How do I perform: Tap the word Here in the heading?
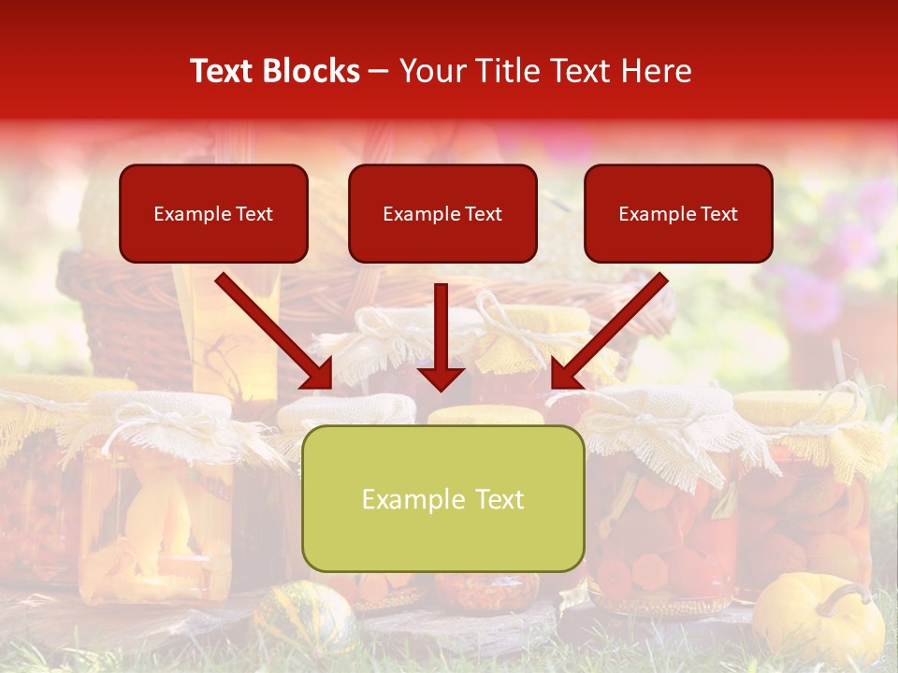click(655, 71)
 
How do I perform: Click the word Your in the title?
click(430, 71)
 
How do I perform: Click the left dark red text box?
click(213, 213)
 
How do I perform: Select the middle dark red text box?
click(442, 213)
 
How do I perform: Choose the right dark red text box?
click(678, 213)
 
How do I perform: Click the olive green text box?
click(442, 498)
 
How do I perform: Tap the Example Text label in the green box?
click(442, 499)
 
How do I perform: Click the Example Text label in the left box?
click(213, 214)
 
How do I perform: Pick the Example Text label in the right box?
click(678, 214)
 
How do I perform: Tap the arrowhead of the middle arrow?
click(441, 378)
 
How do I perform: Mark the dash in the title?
click(379, 72)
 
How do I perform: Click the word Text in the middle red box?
click(483, 214)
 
